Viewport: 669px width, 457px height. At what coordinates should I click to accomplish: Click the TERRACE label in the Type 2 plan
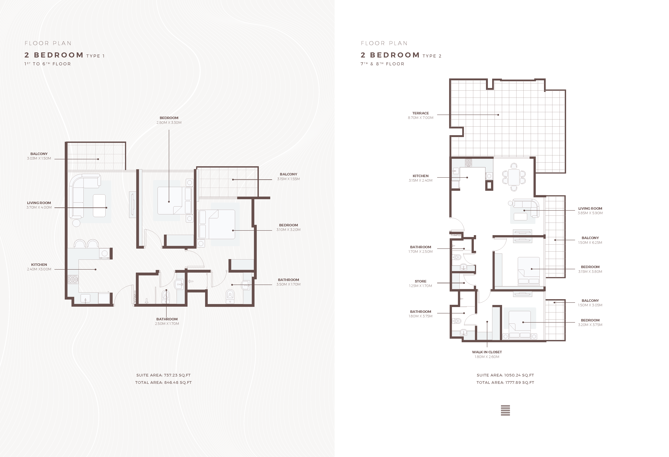(x=420, y=113)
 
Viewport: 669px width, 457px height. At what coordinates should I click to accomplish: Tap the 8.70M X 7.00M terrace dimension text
(x=420, y=118)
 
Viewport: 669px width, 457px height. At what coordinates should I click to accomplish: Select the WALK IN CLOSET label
(x=487, y=352)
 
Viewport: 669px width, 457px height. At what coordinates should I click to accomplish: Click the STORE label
(x=420, y=281)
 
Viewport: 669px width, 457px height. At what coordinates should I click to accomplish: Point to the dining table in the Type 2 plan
(x=514, y=177)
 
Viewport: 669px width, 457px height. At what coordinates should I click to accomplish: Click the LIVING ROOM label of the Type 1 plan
(x=39, y=203)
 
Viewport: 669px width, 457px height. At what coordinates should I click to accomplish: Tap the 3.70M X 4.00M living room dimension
(x=39, y=207)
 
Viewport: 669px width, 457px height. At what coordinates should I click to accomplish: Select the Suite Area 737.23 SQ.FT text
(x=164, y=375)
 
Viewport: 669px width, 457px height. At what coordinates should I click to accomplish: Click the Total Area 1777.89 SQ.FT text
(x=505, y=382)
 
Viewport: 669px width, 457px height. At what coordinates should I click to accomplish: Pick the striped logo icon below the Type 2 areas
(x=505, y=410)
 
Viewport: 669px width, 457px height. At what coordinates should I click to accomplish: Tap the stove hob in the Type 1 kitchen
(x=73, y=279)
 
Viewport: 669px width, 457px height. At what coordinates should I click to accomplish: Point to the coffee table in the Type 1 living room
(x=99, y=206)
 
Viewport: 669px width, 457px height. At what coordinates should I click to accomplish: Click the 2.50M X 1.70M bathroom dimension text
(x=167, y=324)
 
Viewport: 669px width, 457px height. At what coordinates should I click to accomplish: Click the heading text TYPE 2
(x=432, y=56)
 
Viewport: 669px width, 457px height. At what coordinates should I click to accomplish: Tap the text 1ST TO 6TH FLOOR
(x=48, y=64)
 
